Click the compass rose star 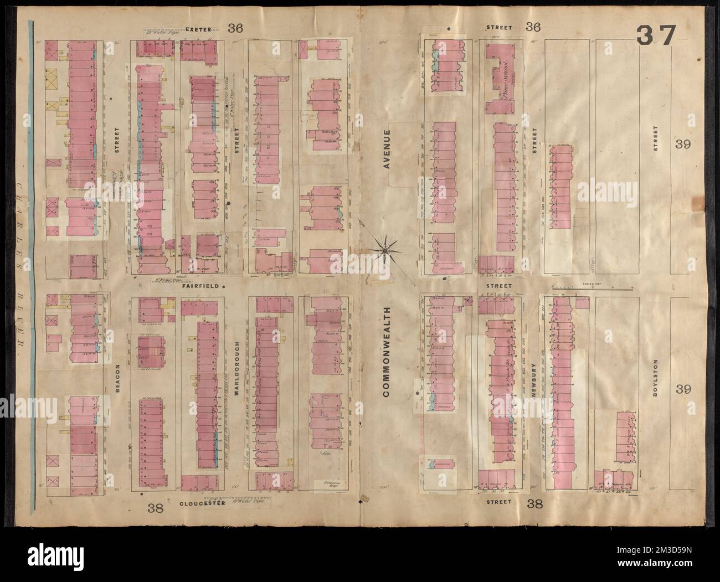(383, 251)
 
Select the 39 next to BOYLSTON (682, 389)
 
